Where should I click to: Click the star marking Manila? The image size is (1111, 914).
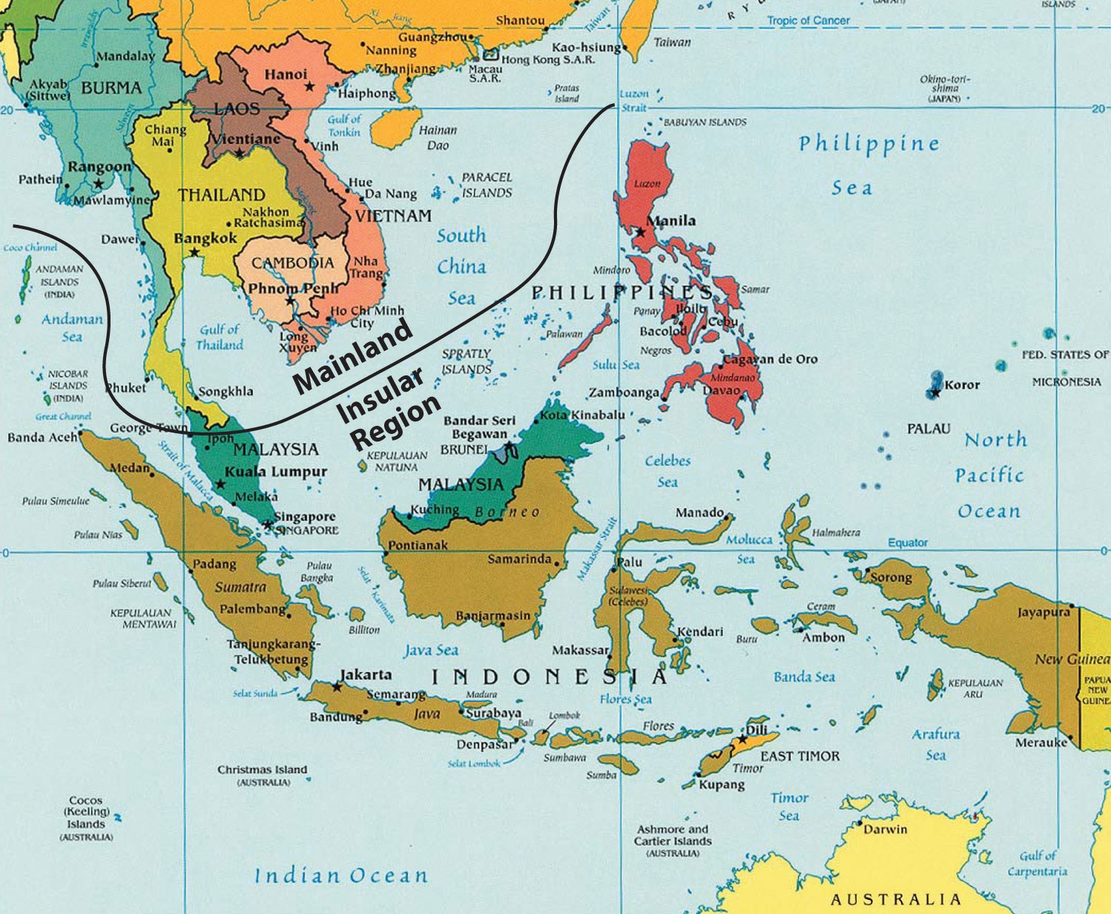tap(640, 232)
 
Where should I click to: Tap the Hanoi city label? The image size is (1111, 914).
tap(286, 74)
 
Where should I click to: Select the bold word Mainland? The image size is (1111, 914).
tap(353, 356)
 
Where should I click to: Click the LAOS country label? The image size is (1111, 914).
tap(237, 109)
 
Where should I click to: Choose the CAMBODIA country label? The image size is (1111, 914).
tap(292, 263)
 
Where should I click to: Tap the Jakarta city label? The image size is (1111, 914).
tap(366, 674)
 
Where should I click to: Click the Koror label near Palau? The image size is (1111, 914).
tap(962, 385)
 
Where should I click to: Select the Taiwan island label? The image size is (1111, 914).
tap(672, 42)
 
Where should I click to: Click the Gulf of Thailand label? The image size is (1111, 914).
tap(220, 337)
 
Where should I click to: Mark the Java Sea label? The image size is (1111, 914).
tap(431, 651)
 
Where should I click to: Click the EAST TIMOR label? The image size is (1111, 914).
tap(800, 756)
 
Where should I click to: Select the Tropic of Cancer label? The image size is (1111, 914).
tap(808, 21)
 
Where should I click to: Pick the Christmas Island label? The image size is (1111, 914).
tap(262, 769)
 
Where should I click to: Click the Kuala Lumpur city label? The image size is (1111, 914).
tap(275, 472)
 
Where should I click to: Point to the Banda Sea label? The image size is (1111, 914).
tap(804, 677)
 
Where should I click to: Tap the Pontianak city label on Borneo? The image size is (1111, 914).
tap(418, 545)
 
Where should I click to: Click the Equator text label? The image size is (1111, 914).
tap(908, 542)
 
